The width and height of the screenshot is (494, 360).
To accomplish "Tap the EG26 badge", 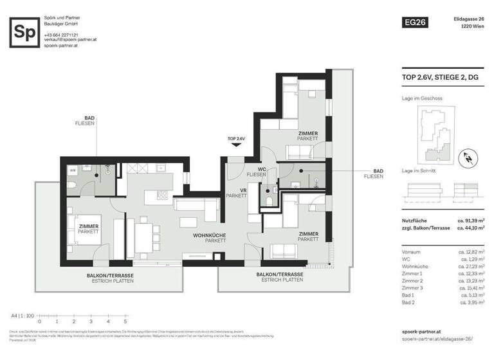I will [414, 22].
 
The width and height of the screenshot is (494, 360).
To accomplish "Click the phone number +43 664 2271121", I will [61, 35].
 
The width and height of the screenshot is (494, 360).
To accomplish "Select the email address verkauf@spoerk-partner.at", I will [70, 40].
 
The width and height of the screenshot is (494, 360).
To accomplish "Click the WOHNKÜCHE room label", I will [210, 236].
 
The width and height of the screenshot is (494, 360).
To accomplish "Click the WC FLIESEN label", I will [257, 172].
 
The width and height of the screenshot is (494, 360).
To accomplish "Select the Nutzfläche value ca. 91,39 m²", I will [470, 221].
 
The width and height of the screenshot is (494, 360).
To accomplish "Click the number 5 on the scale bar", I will [125, 321].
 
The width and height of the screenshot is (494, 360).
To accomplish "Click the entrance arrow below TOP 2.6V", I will [236, 145].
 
